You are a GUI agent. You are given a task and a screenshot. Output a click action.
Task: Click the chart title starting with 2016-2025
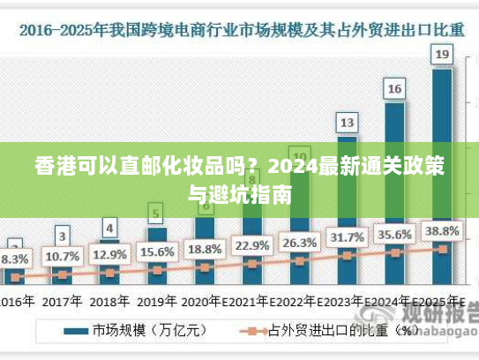[x=239, y=28]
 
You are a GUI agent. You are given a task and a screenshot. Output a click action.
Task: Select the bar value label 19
[x=442, y=56]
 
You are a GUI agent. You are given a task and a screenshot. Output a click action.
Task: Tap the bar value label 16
[x=394, y=88]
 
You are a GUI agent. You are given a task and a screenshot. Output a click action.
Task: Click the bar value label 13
[x=347, y=122]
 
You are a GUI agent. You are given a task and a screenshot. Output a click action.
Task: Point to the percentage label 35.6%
[x=394, y=235]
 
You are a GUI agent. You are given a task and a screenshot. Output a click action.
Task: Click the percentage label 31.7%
[x=347, y=238]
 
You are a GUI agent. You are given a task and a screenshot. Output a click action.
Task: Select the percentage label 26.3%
[x=299, y=243]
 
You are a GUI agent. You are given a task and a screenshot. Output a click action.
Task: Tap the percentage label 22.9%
[x=252, y=245]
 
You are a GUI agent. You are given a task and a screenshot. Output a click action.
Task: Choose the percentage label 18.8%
[x=205, y=248]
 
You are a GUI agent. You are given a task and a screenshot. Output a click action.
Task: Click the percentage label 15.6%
[x=157, y=251]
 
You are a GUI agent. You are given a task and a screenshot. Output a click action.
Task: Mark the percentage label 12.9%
[x=109, y=254]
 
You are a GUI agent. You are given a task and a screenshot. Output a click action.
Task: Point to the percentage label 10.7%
[x=62, y=256]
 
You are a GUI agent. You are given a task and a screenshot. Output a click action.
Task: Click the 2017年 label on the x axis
[x=62, y=301]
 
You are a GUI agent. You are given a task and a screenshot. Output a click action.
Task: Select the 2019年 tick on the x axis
[x=157, y=301]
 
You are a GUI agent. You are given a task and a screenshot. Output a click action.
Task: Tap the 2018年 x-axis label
[x=109, y=301]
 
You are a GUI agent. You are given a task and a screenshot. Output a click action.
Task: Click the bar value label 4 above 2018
[x=109, y=228]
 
